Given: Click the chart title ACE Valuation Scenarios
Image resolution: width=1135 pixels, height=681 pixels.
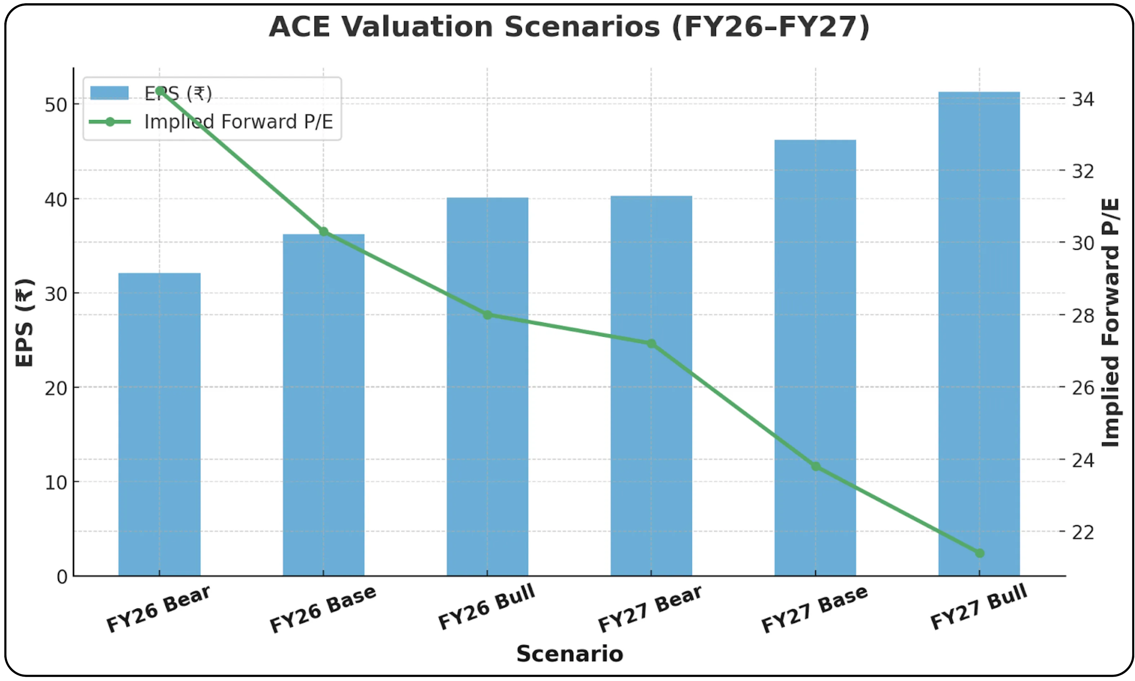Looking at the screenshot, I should tap(569, 27).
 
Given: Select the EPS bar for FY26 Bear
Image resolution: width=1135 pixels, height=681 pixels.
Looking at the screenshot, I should tap(159, 424).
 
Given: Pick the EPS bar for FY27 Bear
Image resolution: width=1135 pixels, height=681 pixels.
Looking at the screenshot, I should tap(651, 385).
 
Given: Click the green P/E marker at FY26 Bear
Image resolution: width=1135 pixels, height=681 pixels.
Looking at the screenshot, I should tap(160, 91).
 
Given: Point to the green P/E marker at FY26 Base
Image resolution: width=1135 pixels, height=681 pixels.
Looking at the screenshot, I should tap(323, 232).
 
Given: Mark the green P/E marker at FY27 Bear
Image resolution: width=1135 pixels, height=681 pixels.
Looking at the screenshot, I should tap(651, 344).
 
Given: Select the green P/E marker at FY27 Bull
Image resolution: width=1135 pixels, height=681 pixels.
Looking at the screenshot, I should tap(979, 553).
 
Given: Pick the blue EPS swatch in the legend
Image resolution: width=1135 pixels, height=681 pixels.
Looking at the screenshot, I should tap(109, 93).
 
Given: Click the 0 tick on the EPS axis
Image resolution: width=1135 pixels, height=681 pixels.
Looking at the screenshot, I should tap(62, 577).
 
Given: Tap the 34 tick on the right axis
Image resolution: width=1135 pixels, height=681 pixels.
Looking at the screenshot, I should tap(1083, 99).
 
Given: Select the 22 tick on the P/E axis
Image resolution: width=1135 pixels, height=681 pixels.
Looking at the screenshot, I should tap(1083, 532).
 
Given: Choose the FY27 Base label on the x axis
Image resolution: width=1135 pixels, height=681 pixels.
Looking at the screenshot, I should tap(814, 609).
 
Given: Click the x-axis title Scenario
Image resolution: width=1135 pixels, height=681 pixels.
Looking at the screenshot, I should tap(569, 654).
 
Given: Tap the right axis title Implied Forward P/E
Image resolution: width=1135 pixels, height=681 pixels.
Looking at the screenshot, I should tap(1110, 323).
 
